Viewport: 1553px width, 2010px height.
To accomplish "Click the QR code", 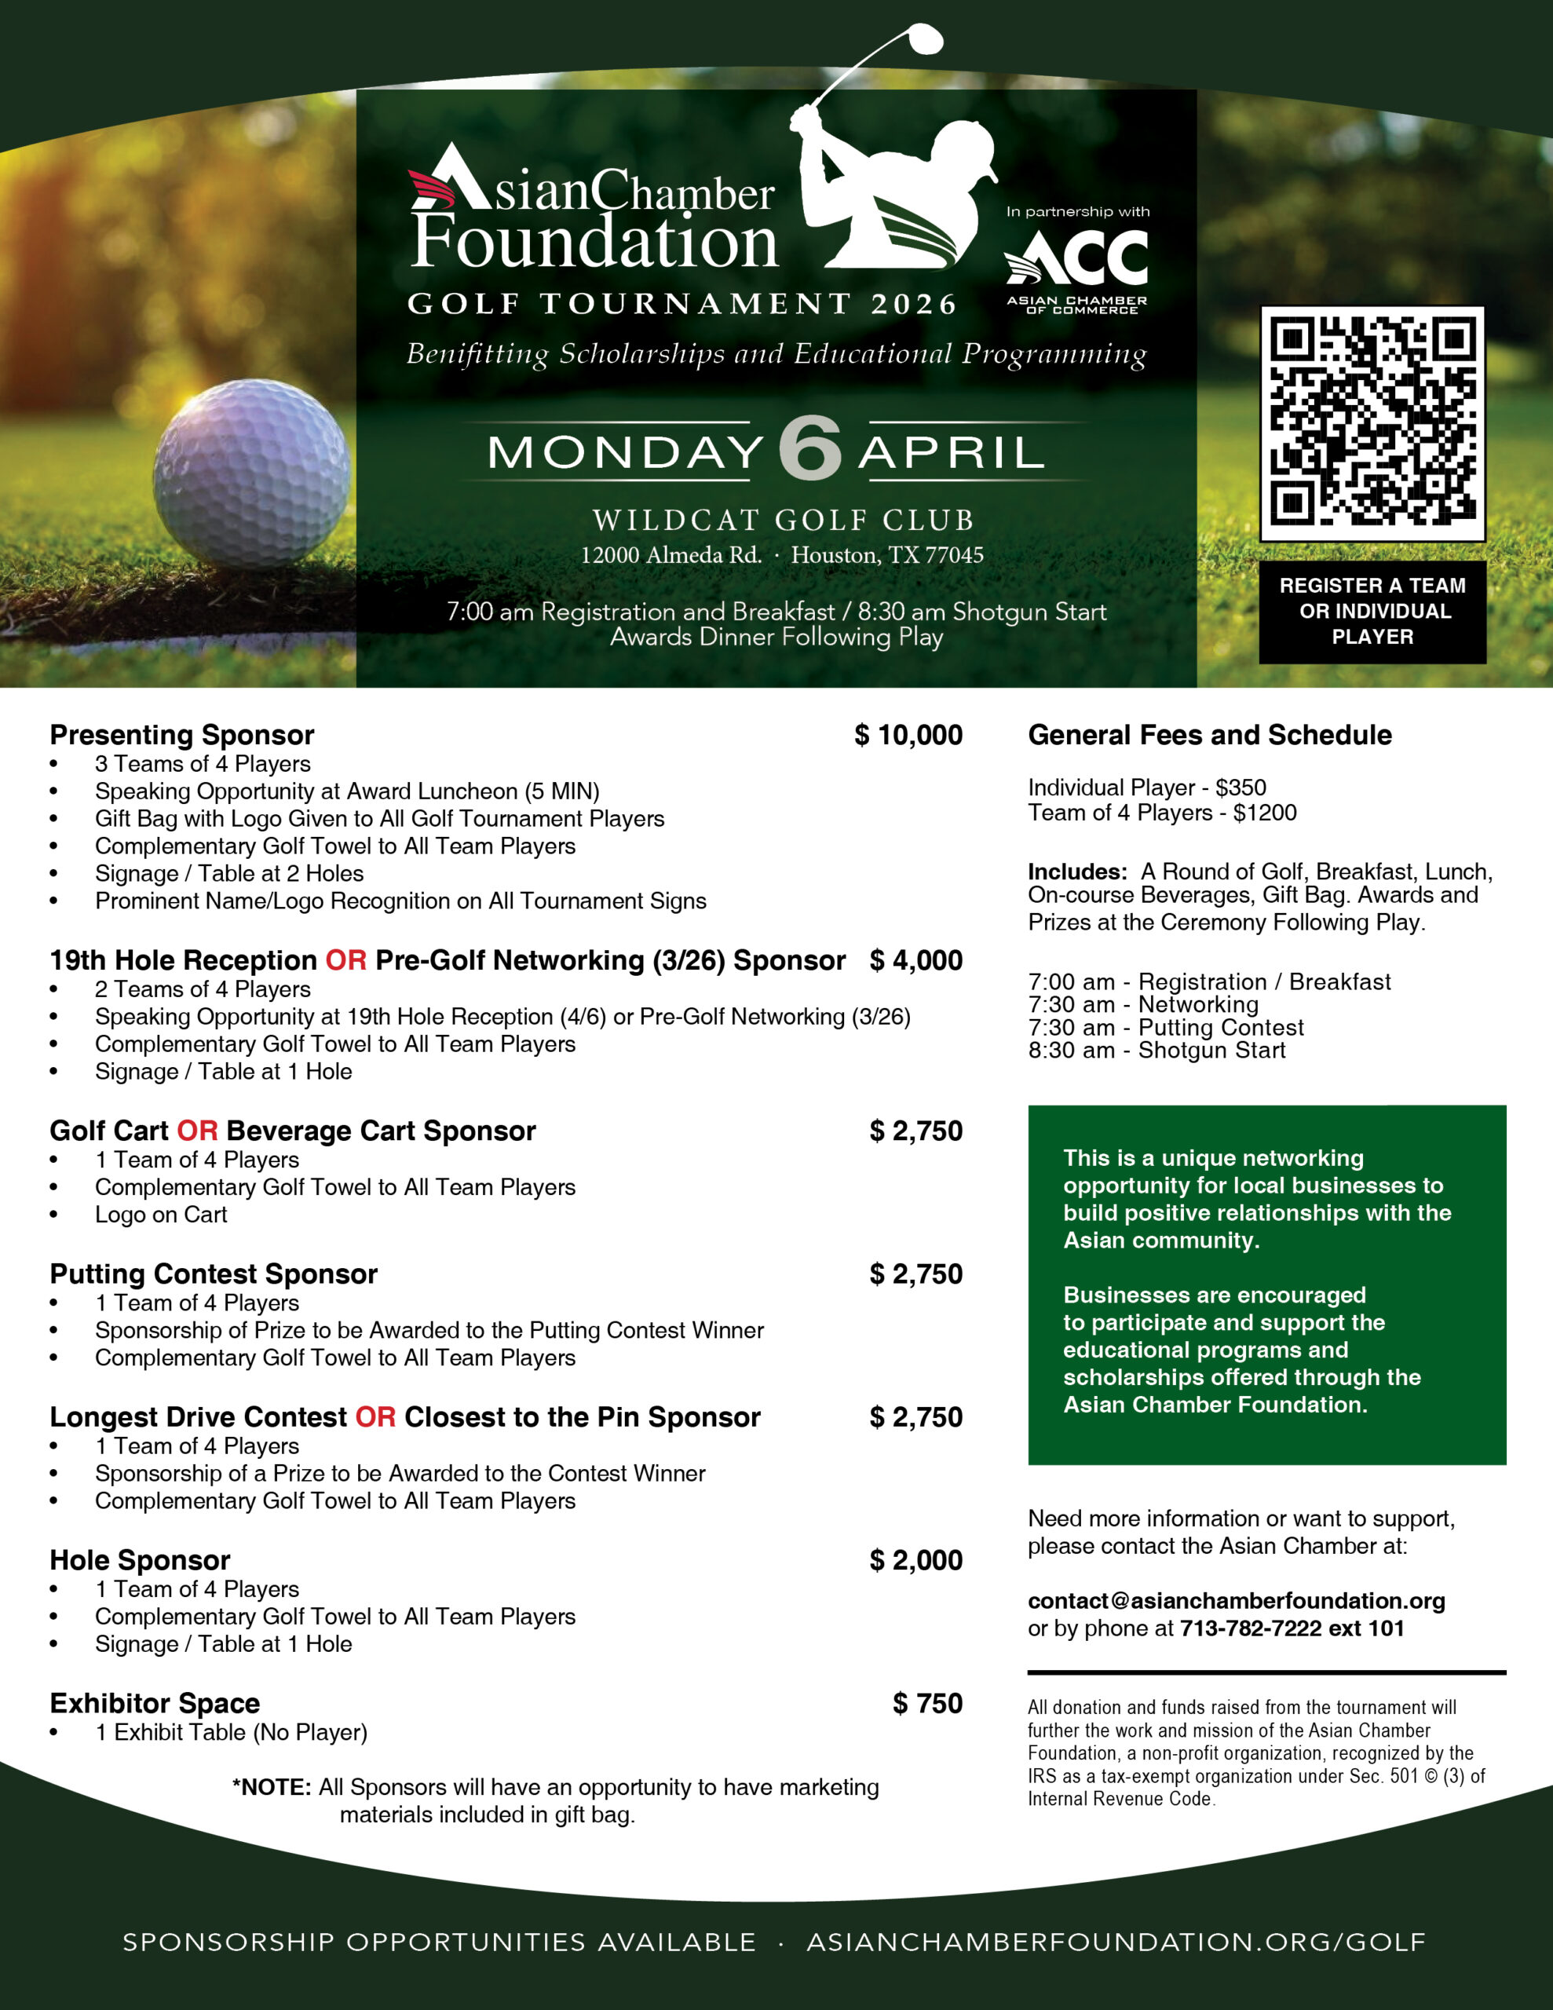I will [x=1372, y=423].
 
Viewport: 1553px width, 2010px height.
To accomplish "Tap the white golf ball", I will [x=251, y=472].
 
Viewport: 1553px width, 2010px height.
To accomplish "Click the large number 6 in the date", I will [x=810, y=449].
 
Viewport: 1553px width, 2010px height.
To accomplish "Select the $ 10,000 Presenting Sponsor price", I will [x=908, y=736].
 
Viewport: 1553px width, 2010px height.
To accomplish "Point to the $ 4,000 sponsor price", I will [x=916, y=961].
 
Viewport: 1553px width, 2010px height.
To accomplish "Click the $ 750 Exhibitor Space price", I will [x=927, y=1704].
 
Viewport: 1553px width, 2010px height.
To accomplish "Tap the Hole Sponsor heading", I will [x=140, y=1561].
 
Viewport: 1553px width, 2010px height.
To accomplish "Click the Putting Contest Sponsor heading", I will [x=214, y=1274].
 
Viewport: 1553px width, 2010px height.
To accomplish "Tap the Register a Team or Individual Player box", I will [x=1372, y=611].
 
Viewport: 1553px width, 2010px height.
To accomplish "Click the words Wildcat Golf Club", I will [x=783, y=521].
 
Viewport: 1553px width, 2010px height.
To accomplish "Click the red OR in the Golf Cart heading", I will [x=197, y=1131].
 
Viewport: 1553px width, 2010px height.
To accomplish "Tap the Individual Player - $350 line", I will [x=1147, y=788].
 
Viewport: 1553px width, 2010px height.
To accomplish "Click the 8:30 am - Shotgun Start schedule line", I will [x=1157, y=1051].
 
